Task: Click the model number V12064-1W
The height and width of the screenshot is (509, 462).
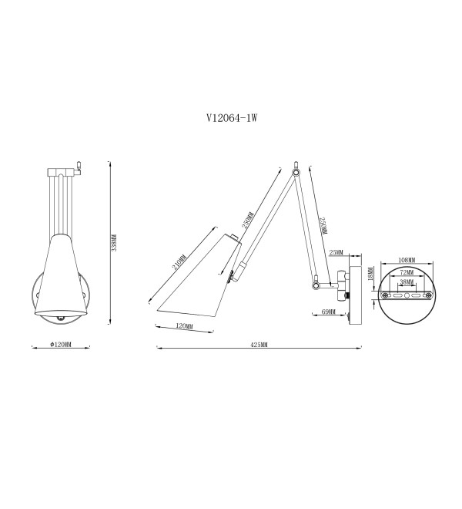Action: click(x=232, y=117)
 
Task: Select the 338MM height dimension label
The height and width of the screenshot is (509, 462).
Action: click(x=114, y=243)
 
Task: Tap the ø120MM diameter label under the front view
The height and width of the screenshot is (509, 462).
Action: click(x=61, y=345)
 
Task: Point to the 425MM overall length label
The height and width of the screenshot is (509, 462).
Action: click(x=259, y=345)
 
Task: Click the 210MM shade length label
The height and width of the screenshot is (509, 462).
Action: click(x=179, y=262)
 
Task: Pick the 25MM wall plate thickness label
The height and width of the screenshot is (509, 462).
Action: click(x=336, y=252)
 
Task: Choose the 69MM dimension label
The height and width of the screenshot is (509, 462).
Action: click(x=329, y=312)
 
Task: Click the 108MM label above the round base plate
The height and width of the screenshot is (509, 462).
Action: click(x=407, y=260)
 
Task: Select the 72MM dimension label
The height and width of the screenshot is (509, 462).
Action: click(x=407, y=272)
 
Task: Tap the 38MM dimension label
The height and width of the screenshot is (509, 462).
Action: click(x=407, y=282)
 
